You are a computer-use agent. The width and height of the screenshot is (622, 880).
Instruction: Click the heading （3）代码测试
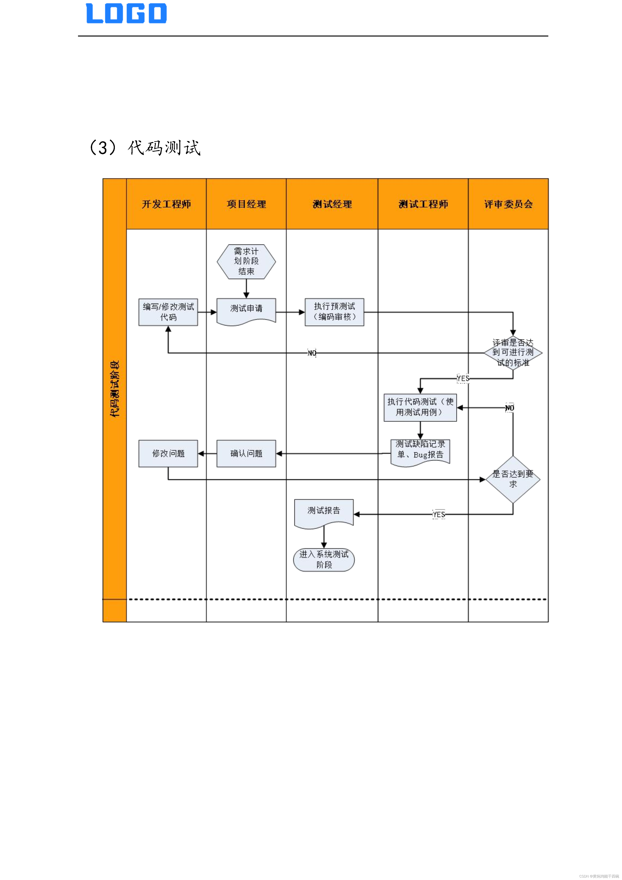(x=145, y=147)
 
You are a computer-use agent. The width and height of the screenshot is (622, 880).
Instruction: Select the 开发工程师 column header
(x=166, y=204)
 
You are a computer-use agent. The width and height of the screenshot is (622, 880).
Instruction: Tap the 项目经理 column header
(x=246, y=204)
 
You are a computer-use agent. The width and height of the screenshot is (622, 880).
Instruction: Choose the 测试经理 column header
(x=332, y=204)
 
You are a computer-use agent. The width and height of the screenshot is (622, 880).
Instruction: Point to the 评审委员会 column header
(x=508, y=204)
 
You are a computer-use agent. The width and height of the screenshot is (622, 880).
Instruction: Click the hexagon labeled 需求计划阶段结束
(x=246, y=261)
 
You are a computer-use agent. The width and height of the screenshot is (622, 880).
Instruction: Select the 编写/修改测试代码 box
(x=168, y=312)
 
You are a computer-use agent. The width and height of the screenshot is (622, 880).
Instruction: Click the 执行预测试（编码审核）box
(x=334, y=312)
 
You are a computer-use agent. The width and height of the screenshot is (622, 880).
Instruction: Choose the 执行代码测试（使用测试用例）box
(x=420, y=407)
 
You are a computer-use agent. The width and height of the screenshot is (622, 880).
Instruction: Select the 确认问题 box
(x=246, y=453)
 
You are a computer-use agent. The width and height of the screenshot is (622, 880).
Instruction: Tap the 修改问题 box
(x=168, y=453)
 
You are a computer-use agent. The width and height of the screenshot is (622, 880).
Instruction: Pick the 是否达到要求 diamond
(x=513, y=479)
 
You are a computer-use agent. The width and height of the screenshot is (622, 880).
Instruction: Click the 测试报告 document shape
(x=324, y=512)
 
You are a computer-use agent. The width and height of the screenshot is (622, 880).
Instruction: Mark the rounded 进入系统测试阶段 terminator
(x=324, y=560)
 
